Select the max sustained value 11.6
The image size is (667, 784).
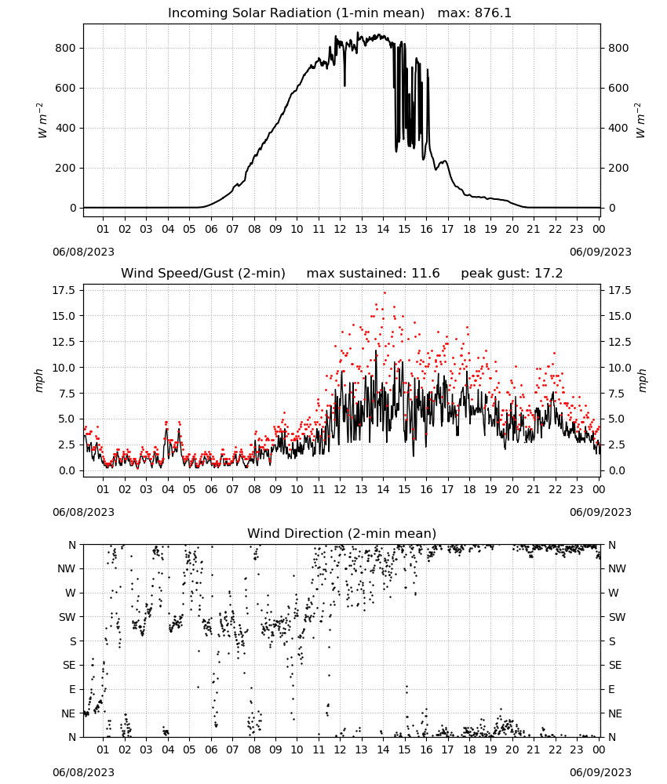pos(425,274)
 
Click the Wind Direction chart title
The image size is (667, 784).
pos(342,533)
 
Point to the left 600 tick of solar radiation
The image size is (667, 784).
pos(66,88)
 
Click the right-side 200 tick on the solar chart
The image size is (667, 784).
pos(618,168)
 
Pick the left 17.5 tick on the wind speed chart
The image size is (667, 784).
pos(64,291)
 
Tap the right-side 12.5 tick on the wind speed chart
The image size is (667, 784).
pos(619,342)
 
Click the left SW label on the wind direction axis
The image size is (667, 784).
pos(67,617)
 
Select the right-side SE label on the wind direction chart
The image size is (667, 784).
pos(615,665)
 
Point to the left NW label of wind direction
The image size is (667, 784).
pos(67,568)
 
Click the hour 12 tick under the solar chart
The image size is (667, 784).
pos(340,229)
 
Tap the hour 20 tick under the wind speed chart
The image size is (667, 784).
pos(512,489)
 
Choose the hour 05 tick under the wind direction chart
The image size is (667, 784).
pos(189,750)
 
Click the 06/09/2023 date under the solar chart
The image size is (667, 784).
pos(600,252)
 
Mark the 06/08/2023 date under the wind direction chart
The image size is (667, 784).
pos(83,772)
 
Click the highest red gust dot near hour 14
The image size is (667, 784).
pos(385,293)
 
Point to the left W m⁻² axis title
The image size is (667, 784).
pos(42,121)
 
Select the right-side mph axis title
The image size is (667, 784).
pos(642,380)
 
